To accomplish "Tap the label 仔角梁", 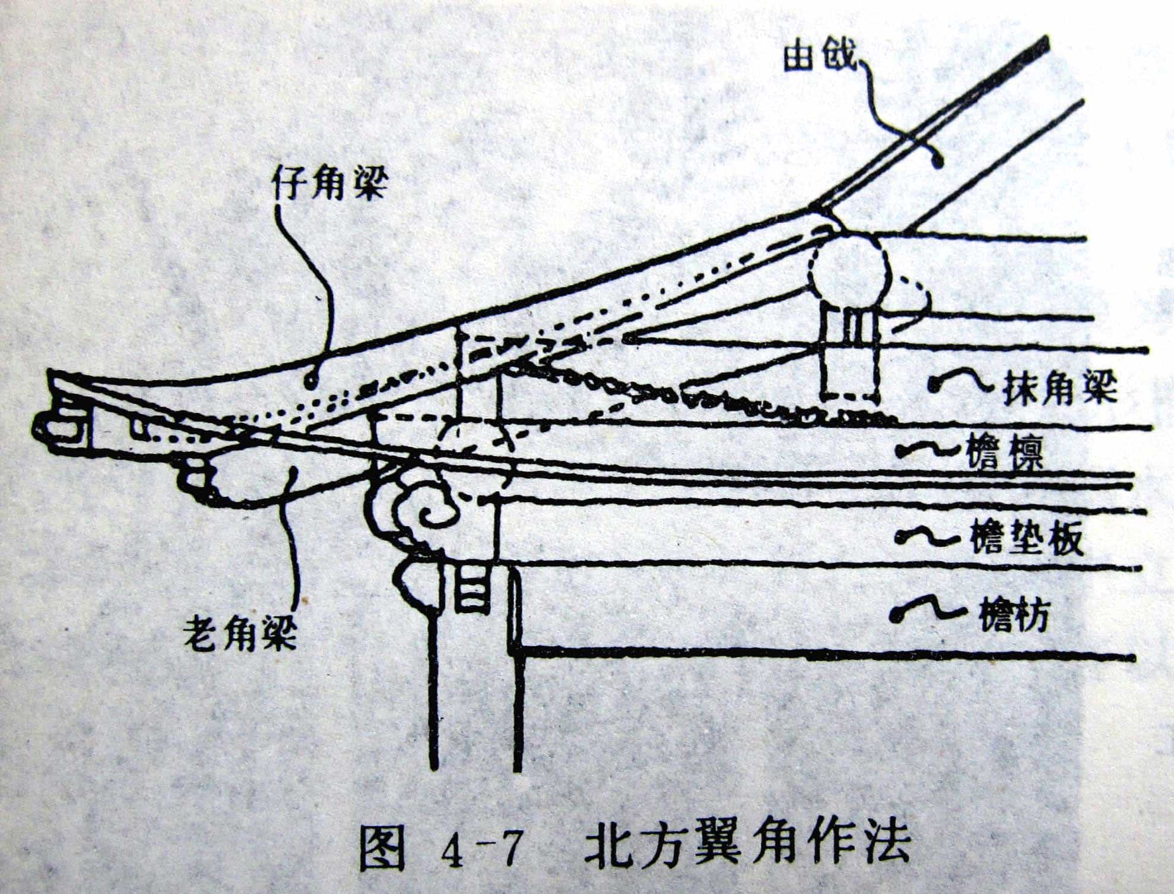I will click(329, 184).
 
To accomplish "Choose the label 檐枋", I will click(1012, 617).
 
